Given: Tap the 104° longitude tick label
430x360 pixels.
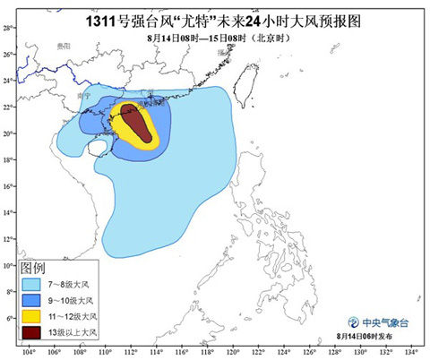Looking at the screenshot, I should pyautogui.click(x=29, y=352).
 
